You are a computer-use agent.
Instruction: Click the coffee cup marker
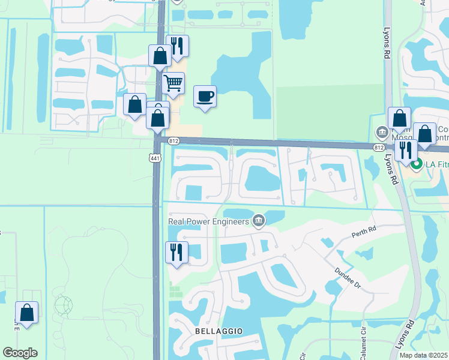205,97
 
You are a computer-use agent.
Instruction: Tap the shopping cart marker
173,83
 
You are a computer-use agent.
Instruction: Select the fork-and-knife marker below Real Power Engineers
176,251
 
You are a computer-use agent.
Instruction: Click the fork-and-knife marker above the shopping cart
177,46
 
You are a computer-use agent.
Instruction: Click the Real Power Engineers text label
208,221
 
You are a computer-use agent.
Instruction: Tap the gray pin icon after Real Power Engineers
259,221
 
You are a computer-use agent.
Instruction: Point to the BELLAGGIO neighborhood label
218,331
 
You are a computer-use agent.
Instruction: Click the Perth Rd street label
364,230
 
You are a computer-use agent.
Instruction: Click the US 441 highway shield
155,158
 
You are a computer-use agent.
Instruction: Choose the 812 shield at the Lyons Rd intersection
378,146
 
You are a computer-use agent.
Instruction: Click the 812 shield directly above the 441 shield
173,141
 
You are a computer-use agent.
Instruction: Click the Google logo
20,353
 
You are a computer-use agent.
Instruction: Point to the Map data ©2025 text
424,355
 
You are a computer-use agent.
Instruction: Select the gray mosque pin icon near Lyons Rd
381,131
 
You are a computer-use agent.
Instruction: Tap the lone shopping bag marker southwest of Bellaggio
26,312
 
